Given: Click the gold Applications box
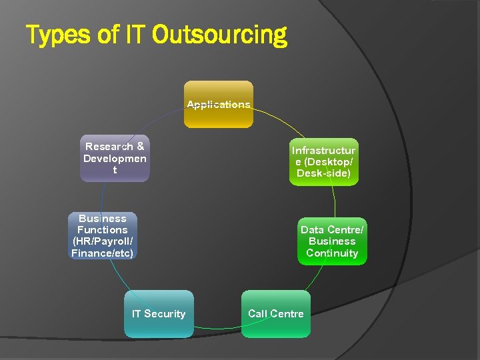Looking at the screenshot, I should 219,104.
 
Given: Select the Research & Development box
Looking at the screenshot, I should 115,158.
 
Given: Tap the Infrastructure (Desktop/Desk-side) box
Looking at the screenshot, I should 324,162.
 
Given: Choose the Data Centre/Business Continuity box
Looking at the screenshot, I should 332,241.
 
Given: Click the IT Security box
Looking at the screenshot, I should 159,314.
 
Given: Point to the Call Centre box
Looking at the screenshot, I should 276,314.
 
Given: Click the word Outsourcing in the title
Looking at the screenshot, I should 219,35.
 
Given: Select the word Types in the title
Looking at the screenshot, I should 59,35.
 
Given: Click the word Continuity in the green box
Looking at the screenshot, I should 332,253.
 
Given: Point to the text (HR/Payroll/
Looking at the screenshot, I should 103,241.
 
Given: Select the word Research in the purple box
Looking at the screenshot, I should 108,146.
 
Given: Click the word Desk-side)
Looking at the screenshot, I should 324,174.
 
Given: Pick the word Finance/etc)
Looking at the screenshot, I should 103,253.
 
